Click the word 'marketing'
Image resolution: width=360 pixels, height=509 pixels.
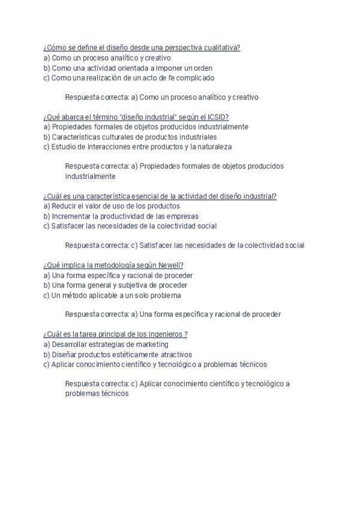click(152, 345)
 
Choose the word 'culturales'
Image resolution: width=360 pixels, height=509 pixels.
click(115, 137)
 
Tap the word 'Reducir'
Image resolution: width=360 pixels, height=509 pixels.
click(64, 206)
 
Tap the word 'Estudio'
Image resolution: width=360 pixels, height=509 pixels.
click(62, 146)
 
